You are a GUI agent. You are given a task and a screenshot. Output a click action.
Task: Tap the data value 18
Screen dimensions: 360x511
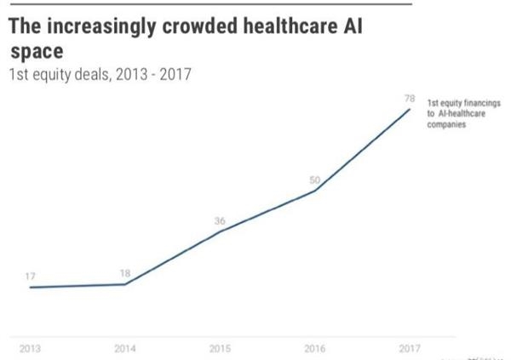point(126,272)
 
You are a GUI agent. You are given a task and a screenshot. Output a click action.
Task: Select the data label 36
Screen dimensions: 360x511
point(221,220)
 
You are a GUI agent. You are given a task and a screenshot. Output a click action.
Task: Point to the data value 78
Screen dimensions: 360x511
point(409,100)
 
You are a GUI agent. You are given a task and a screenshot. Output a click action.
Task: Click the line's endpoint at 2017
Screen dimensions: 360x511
point(411,109)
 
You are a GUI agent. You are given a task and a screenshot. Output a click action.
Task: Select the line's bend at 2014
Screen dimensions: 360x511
point(126,284)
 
